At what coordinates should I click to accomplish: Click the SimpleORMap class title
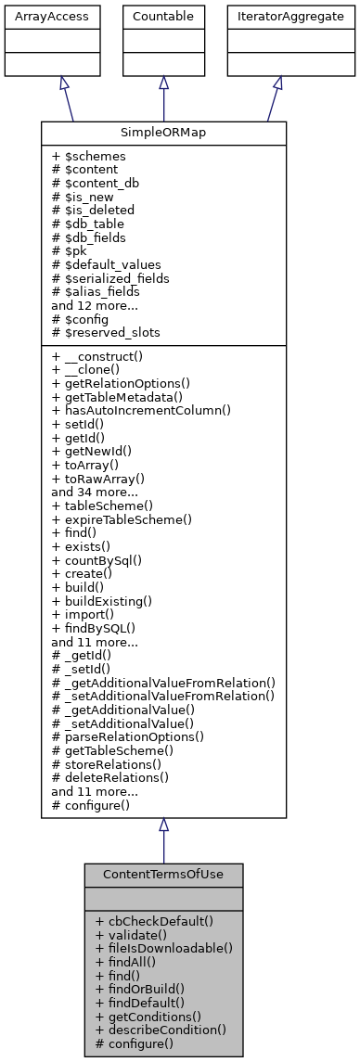163,134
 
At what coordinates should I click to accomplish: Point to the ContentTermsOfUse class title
163,875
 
